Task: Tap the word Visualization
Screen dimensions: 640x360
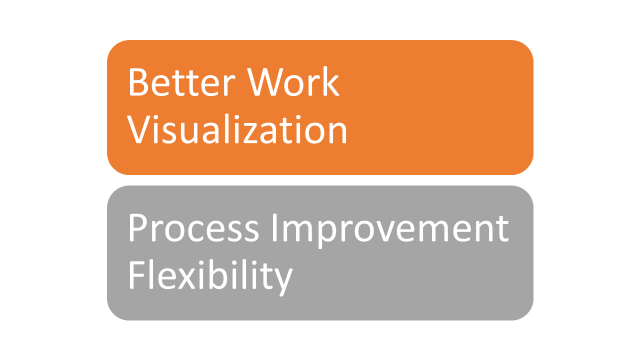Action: point(237,129)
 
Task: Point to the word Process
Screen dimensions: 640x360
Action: point(193,228)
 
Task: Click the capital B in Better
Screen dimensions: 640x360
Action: point(138,82)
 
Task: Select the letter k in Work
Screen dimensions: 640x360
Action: point(330,81)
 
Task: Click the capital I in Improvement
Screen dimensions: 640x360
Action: point(274,228)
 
